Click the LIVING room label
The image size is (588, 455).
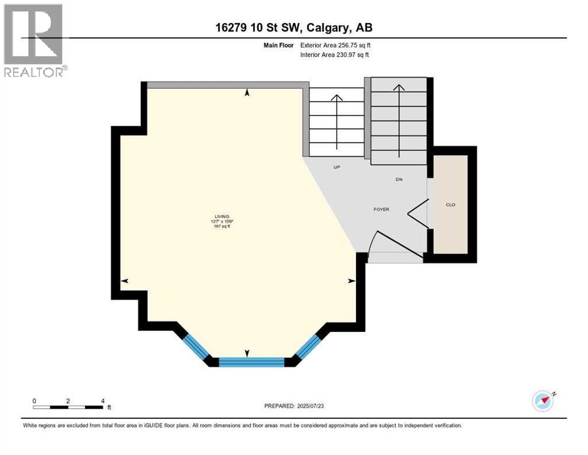222,216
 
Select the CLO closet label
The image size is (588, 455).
451,205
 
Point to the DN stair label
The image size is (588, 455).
399,179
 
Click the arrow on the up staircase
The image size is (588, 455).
337,121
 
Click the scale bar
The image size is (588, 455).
68,407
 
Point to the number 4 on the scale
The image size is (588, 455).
103,400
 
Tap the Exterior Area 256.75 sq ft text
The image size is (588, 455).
335,45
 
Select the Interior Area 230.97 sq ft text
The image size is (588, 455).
335,55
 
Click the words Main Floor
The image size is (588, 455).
279,45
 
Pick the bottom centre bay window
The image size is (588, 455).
251,361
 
